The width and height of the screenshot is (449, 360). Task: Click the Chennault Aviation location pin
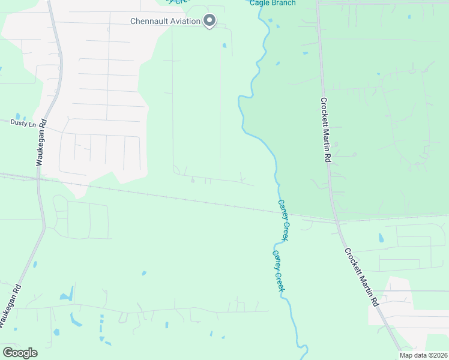click(209, 21)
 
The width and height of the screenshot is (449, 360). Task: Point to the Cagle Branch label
click(273, 3)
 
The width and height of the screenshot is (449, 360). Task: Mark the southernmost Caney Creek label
click(278, 271)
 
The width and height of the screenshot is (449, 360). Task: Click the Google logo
click(20, 353)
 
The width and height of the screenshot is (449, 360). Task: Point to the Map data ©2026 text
click(423, 355)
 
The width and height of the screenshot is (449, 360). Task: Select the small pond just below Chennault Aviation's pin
click(224, 45)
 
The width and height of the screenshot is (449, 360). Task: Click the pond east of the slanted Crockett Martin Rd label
click(380, 238)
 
